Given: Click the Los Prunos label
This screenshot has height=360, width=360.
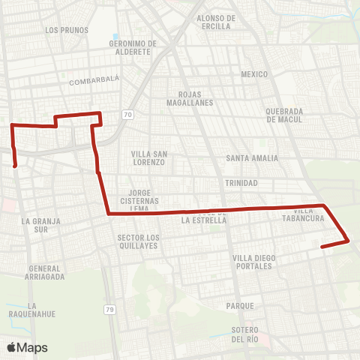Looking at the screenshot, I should coord(67,30).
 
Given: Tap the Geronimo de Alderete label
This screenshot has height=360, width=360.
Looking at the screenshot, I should coord(132,47).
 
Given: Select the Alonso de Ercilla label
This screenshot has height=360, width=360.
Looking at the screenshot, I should coord(216,22).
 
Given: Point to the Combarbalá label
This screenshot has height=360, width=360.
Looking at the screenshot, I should coord(94,81).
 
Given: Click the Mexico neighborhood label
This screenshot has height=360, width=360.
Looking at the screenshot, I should coord(254,74).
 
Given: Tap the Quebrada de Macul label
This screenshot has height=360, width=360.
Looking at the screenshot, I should coord(283,115).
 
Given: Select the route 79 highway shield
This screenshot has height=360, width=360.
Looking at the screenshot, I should coord(109,309).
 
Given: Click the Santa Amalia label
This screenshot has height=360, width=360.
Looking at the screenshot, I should coord(252,158).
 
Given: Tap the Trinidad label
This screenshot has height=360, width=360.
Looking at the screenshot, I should coord(241,183).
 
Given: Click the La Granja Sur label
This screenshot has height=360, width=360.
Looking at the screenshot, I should coord(40,226).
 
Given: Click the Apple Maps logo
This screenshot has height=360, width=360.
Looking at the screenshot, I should coord(26,347).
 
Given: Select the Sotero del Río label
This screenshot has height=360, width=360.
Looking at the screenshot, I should coord(244,334).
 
